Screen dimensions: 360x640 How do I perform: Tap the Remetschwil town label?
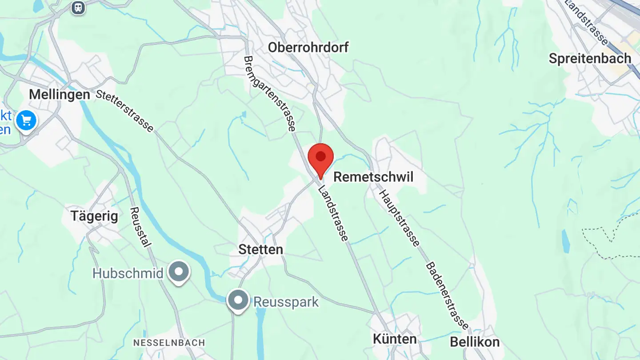pos(373,177)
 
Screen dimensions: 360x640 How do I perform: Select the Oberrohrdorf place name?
pos(308,47)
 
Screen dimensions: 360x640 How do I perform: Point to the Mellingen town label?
pos(60,95)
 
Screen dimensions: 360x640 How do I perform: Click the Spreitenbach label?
pos(590,59)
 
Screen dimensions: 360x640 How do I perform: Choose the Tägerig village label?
pos(94,216)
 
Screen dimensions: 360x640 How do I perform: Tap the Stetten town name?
pos(260,249)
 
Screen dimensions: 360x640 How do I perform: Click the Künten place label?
pos(395,339)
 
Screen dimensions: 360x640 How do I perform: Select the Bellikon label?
pos(475,342)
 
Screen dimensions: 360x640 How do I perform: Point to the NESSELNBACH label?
pos(169,343)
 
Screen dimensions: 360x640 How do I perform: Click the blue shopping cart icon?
pos(26,120)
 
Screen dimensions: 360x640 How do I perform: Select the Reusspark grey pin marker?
pos(238,300)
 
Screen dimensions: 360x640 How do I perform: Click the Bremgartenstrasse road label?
pos(269,93)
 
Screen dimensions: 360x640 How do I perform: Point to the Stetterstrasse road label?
pos(124,111)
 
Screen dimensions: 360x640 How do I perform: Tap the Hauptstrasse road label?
pos(399,218)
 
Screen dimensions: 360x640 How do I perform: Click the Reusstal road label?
pos(141,227)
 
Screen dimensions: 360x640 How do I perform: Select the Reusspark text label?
pos(286,302)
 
